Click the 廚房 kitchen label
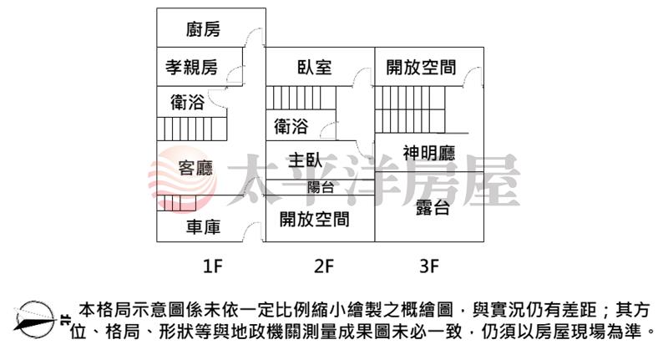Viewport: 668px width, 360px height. click(203, 29)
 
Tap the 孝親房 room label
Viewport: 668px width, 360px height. click(192, 67)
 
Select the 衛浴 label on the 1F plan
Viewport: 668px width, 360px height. click(187, 102)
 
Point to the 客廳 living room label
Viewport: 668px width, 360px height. click(195, 168)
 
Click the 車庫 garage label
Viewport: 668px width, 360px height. click(203, 227)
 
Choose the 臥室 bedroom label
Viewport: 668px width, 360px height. click(315, 68)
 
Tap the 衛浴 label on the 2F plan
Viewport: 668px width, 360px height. click(291, 126)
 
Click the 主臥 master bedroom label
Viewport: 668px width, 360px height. click(305, 160)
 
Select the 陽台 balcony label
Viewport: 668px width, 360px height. click(321, 187)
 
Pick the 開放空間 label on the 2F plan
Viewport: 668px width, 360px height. click(315, 220)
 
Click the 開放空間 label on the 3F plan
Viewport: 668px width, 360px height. click(421, 68)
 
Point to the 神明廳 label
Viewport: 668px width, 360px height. click(429, 153)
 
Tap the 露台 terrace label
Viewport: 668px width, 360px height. click(433, 208)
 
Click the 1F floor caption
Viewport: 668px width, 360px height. click(213, 266)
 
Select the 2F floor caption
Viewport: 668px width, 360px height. click(324, 266)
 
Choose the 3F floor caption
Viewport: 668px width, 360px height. click(429, 266)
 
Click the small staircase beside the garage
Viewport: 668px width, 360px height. click(176, 203)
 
